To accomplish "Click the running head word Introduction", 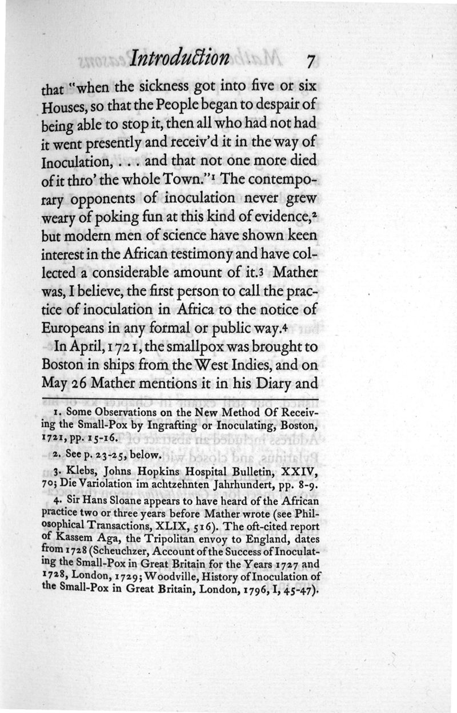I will pos(180,58).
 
